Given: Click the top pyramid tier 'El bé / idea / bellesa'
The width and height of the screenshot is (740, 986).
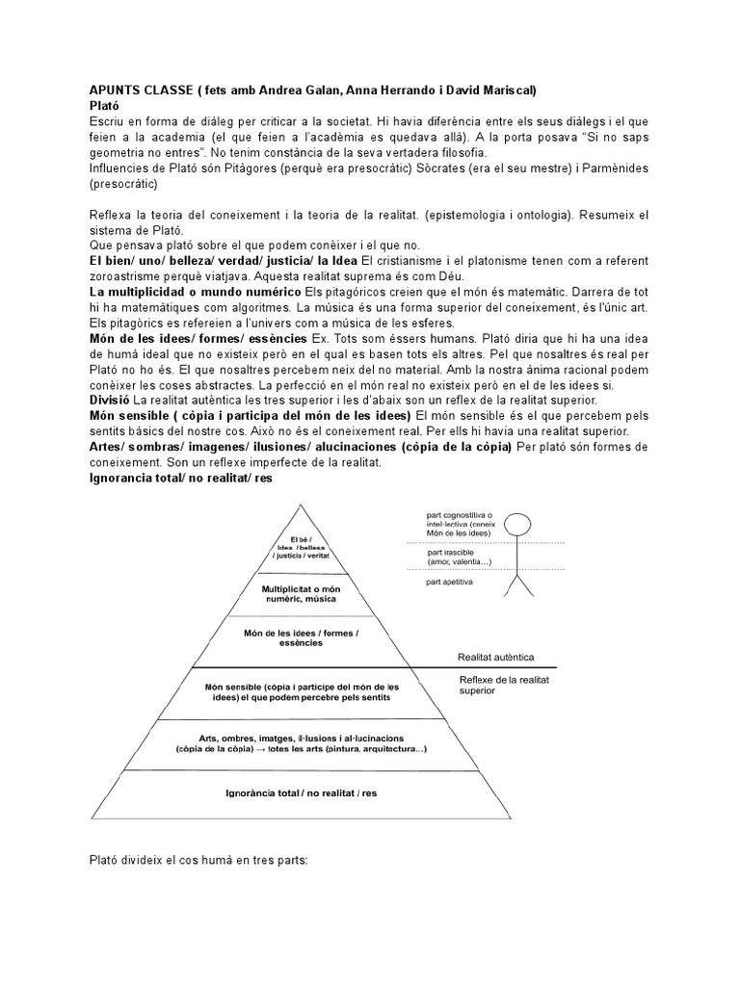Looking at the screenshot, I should [298, 548].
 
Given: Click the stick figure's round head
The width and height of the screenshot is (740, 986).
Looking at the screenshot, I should [518, 526].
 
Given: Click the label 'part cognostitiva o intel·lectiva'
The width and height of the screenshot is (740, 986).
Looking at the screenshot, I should [459, 524].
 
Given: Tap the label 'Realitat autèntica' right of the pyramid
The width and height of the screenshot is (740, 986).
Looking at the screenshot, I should [495, 659].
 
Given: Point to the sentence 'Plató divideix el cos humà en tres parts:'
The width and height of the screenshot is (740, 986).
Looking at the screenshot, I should [198, 859].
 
